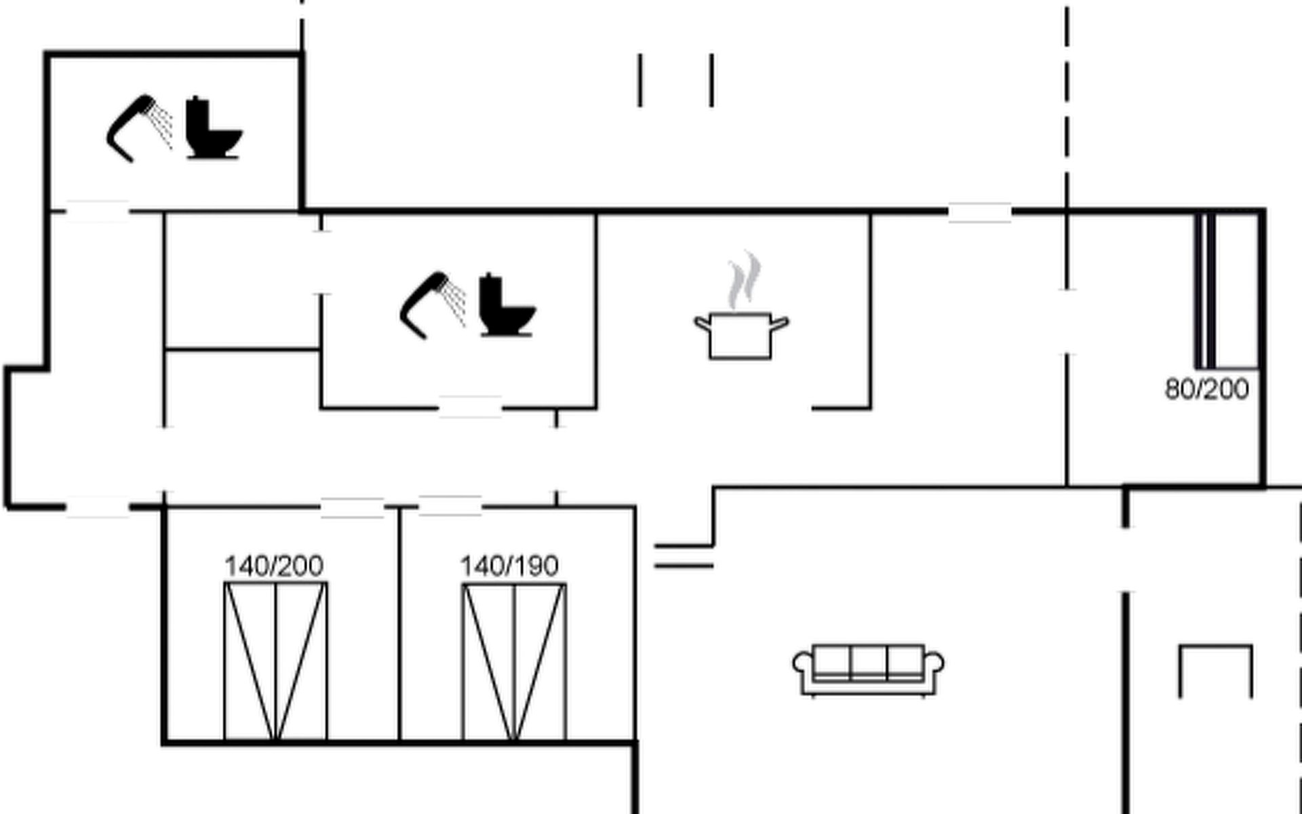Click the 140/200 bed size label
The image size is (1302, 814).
[x=274, y=566]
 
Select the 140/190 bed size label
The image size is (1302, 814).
[x=509, y=566]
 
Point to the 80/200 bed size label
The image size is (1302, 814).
[x=1207, y=389]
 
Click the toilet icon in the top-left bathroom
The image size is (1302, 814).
[x=214, y=128]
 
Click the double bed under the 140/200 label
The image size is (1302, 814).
[x=275, y=661]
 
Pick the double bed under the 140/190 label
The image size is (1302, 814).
[x=514, y=662]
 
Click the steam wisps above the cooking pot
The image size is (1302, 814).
[x=744, y=280]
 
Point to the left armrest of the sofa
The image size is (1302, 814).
[x=803, y=665]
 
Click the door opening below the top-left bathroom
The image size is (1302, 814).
[x=97, y=212]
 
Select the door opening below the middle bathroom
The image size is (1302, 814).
[x=470, y=408]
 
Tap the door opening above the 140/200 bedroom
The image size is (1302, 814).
[x=352, y=507]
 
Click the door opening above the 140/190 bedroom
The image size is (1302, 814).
[x=450, y=506]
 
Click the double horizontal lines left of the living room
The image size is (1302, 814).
[x=684, y=555]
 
